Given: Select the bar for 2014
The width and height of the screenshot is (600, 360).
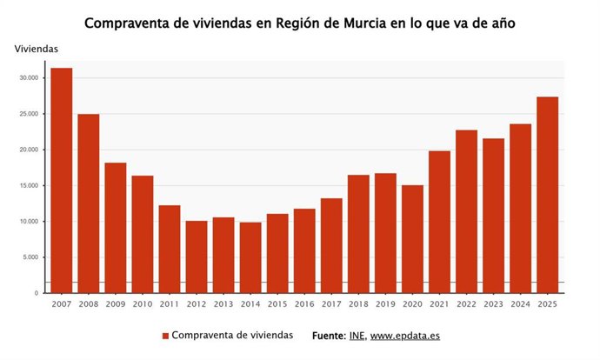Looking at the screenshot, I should [x=250, y=257].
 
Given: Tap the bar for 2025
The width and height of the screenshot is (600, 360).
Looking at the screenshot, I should [x=547, y=195].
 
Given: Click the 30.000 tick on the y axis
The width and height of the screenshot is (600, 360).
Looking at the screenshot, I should [x=30, y=78].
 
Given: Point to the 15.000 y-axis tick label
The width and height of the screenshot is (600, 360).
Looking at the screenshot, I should [x=30, y=186].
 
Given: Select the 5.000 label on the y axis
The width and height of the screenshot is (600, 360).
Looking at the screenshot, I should [x=31, y=257].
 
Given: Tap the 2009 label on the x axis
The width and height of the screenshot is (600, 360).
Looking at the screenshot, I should [x=116, y=303].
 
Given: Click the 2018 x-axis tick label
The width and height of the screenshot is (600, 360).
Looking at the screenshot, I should [x=358, y=303].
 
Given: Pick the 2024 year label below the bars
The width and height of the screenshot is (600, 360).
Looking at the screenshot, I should [x=520, y=303].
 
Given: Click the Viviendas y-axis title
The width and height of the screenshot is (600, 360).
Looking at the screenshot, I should [x=37, y=49].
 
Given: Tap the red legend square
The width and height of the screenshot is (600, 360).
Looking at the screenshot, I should [x=165, y=336].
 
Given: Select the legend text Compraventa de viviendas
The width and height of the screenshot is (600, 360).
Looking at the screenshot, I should [x=232, y=336].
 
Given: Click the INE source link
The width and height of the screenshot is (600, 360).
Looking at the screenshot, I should [x=356, y=336].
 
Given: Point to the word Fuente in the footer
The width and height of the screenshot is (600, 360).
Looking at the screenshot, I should [x=327, y=336].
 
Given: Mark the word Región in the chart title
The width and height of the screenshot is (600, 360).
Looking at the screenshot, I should [x=300, y=23].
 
